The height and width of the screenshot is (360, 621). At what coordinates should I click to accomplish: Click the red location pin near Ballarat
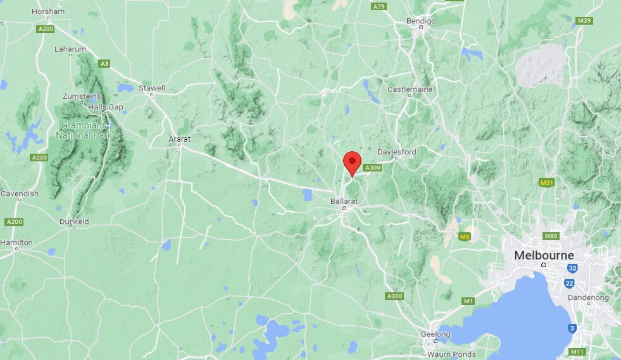(352, 163)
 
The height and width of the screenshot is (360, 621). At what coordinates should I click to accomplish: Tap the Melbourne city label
(544, 256)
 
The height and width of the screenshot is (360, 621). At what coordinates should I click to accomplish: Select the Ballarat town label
(344, 201)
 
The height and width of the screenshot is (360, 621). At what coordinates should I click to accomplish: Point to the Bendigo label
(420, 21)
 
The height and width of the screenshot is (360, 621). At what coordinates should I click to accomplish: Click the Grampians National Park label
(84, 130)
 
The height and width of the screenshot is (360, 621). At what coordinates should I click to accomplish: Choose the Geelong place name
(436, 334)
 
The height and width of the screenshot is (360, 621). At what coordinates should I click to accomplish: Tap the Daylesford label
(396, 152)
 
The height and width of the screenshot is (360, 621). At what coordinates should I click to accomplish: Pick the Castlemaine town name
(410, 89)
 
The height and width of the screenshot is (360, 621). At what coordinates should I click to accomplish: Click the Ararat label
(179, 139)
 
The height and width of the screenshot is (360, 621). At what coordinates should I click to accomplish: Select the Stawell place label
(152, 88)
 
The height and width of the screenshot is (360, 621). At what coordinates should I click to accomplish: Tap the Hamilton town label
(16, 242)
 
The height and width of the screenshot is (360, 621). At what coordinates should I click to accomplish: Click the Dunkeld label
(74, 221)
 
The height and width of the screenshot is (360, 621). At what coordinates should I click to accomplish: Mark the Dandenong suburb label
(589, 297)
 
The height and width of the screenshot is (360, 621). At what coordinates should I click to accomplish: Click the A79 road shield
(379, 6)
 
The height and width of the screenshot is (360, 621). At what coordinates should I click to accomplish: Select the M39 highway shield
(584, 21)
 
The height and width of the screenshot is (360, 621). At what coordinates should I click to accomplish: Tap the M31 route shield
(547, 183)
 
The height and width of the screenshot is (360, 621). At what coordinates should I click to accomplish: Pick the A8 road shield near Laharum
(104, 63)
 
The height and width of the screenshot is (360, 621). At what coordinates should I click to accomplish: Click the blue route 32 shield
(572, 268)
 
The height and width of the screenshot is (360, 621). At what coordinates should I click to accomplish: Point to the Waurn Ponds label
(451, 354)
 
